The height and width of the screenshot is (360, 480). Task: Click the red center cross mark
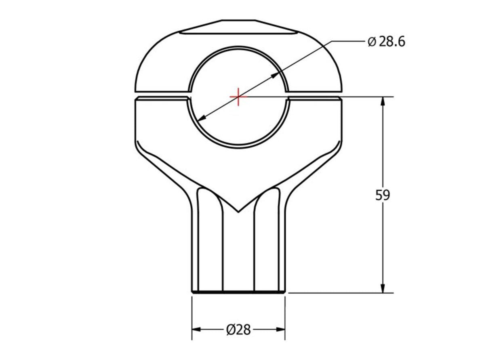238,97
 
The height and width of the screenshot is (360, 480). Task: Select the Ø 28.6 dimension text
386,42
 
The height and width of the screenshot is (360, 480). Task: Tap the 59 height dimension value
383,195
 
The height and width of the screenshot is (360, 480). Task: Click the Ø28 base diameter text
238,330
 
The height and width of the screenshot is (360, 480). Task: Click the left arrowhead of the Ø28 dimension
196,330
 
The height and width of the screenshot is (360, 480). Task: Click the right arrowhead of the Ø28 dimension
280,330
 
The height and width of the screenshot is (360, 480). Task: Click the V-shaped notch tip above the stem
238,211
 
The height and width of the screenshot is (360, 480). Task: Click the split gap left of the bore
162,94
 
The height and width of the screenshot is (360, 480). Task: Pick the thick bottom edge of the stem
238,292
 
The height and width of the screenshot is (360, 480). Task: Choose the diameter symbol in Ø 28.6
372,42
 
